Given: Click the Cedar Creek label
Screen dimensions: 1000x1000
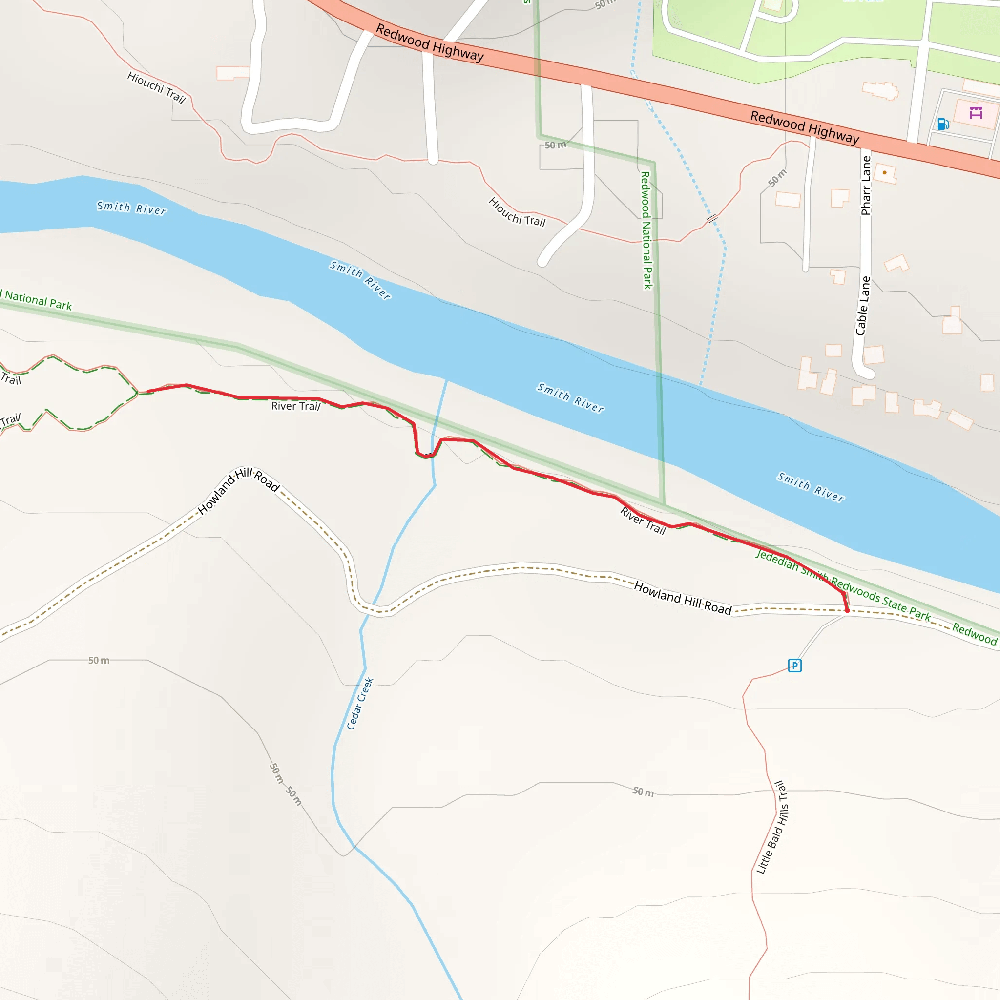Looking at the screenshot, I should (360, 704).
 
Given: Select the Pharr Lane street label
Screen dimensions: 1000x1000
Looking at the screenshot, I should (866, 185).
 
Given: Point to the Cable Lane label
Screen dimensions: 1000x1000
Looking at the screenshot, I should (862, 306).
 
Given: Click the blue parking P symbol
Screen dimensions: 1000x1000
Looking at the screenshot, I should (794, 666).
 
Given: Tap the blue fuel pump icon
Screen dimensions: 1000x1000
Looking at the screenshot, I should (942, 124).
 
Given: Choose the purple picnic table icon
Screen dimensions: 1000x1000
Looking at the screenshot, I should (976, 112).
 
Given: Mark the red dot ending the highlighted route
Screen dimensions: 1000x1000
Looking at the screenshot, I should (847, 611).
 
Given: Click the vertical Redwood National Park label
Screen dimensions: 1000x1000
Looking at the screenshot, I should (646, 230).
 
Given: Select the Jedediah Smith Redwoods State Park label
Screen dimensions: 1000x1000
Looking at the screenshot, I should (843, 584).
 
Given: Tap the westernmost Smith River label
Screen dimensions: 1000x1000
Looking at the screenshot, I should (131, 208).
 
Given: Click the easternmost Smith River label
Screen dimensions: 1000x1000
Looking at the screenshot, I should (811, 487).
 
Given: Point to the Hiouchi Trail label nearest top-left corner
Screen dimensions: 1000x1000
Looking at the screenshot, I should (156, 87).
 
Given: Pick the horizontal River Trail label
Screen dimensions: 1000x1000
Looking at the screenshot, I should (295, 406).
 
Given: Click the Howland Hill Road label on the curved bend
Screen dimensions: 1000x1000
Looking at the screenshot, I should (239, 490).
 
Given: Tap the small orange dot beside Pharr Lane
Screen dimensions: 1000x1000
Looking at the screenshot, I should (885, 172).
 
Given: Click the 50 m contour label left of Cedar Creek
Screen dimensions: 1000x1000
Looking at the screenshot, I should (98, 661).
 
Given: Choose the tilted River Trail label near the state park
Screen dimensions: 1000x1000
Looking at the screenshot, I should (643, 521).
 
